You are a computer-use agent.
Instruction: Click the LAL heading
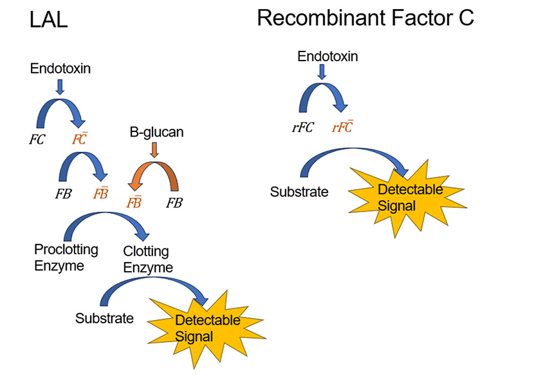coord(49,21)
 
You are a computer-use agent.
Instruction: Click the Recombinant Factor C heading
coord(365,18)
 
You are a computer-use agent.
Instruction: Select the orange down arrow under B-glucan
coord(153,150)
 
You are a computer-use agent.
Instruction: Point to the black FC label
coord(37,139)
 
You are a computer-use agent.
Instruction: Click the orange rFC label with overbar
coord(342,127)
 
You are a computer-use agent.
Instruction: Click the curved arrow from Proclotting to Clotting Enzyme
coord(106,225)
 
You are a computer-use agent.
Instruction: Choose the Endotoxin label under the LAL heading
coord(60,68)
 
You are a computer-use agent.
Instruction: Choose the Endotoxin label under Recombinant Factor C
coord(328,57)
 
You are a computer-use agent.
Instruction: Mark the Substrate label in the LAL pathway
coord(104,318)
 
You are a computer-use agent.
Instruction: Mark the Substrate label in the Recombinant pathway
coord(299,192)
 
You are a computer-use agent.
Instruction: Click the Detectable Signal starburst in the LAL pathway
coord(207,328)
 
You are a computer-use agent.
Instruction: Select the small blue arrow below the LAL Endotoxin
coord(60,86)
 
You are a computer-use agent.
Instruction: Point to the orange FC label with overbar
coord(80,139)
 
